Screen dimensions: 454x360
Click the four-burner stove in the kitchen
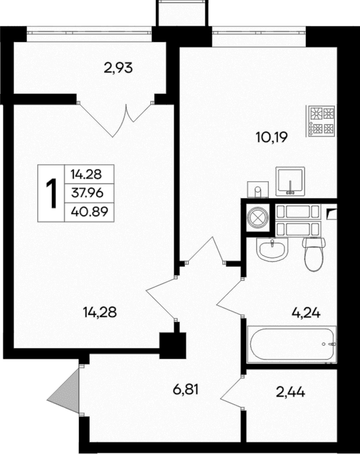322,120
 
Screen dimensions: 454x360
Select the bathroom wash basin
273,249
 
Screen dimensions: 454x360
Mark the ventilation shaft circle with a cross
257,218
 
